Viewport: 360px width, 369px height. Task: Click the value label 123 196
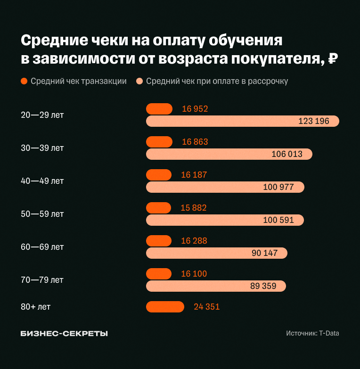tap(313, 121)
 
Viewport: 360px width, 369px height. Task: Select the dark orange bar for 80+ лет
tap(165, 307)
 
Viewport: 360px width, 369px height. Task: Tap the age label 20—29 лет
tap(42, 115)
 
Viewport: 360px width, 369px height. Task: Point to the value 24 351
tap(206, 307)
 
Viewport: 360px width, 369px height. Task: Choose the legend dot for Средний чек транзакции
tap(25, 81)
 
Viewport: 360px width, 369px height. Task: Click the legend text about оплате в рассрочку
tap(217, 81)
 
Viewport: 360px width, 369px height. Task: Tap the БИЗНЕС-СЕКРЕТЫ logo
tap(64, 333)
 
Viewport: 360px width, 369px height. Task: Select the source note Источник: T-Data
tap(312, 333)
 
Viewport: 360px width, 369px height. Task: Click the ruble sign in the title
tap(332, 59)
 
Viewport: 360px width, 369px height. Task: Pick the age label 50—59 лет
tap(42, 213)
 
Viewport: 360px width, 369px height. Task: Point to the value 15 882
tap(194, 208)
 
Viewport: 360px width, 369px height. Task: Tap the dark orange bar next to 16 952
tap(159, 109)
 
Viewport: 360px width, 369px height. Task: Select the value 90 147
tap(264, 253)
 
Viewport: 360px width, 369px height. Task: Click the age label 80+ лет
tap(35, 307)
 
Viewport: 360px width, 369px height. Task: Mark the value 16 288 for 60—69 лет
tap(194, 241)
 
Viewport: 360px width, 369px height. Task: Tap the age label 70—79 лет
tap(42, 279)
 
